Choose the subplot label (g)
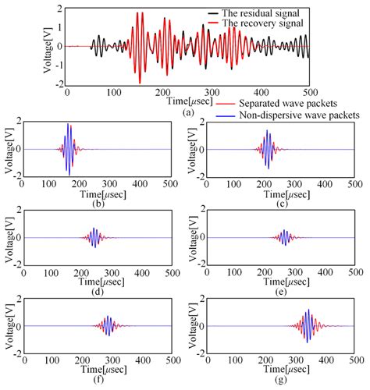pyautogui.click(x=273, y=379)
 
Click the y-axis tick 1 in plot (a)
pyautogui.click(x=59, y=27)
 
